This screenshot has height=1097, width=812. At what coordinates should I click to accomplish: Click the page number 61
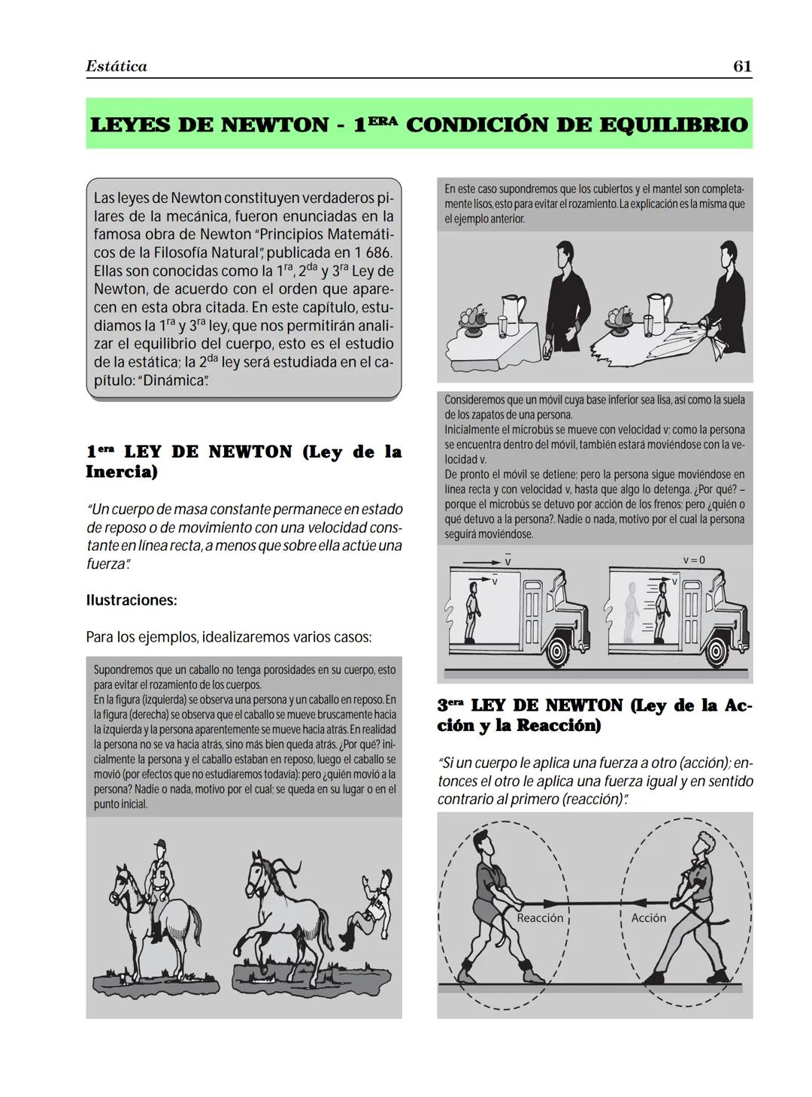click(x=742, y=66)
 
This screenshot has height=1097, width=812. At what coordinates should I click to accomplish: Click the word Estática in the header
click(x=117, y=66)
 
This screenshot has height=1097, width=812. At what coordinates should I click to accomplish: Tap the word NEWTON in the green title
click(x=274, y=125)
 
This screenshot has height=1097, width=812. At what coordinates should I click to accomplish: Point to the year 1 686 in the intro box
click(x=368, y=253)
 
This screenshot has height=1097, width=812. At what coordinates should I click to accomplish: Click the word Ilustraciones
click(x=132, y=600)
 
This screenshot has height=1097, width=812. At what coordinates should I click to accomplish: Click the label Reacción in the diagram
click(x=540, y=918)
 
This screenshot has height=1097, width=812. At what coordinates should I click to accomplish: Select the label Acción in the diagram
click(x=648, y=918)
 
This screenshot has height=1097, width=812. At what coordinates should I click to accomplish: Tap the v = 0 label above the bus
click(x=694, y=561)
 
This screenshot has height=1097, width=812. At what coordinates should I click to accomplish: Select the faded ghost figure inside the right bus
click(x=630, y=612)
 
